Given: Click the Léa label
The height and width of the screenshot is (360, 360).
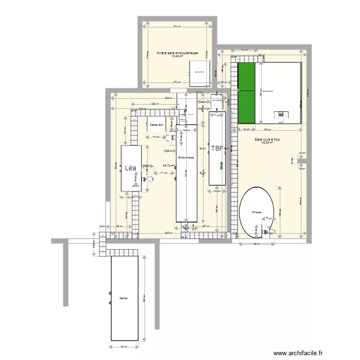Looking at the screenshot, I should [130, 168].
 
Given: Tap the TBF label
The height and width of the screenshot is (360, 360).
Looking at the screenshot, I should [217, 149].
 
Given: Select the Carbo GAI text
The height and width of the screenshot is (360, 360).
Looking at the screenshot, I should [156, 125].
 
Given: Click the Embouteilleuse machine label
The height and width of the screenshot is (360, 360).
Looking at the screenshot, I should [185, 157].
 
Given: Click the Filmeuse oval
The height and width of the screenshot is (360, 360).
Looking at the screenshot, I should [257, 212].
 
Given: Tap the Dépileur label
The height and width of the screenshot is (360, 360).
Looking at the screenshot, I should [124, 298].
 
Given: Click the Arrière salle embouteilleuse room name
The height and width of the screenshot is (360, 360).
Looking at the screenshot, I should [177, 52].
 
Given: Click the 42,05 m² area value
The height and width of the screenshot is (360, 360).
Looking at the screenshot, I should [267, 143].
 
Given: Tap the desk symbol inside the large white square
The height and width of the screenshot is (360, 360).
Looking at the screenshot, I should [279, 115].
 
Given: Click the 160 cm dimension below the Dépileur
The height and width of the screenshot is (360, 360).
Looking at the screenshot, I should [123, 347].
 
